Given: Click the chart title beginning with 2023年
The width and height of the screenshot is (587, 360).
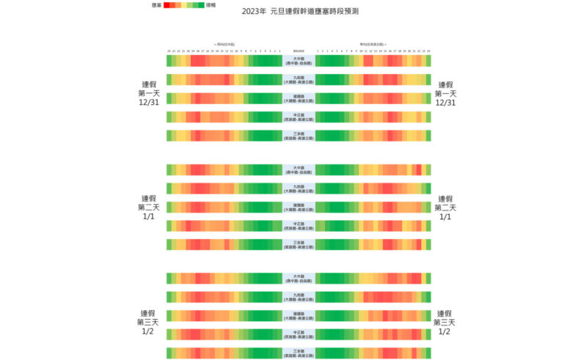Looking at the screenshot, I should coord(299,12).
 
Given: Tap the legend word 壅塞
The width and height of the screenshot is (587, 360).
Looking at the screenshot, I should coord(156,4).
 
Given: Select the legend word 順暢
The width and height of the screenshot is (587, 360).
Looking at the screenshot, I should coord(211,4).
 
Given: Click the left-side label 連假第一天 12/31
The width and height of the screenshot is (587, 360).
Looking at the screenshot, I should coord(148,93).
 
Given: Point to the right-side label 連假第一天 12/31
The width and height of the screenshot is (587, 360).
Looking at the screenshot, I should coord(445,93).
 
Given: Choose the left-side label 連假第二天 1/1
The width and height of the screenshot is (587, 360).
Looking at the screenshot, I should coord(148,207).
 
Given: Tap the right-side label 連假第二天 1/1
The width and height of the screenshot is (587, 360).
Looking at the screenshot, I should coord(445,207).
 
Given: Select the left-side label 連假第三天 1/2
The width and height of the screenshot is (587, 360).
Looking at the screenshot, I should coord(148,322).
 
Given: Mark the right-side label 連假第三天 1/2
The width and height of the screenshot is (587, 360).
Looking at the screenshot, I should coord(445,322).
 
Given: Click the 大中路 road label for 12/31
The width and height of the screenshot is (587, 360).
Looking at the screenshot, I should coord(299,61).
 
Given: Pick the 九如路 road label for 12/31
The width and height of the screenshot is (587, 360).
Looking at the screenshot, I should coord(299,79).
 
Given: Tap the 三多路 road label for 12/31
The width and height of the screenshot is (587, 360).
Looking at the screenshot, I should coord(299,136).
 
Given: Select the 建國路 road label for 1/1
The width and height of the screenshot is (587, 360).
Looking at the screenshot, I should coord(299,207).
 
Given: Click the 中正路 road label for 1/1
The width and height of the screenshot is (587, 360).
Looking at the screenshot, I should coord(299,225).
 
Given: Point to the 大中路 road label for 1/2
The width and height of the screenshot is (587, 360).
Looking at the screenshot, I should coord(299,278).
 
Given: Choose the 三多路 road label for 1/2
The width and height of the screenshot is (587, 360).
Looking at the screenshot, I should coord(299,353).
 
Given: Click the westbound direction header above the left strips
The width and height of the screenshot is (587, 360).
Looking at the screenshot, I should coord(224,44).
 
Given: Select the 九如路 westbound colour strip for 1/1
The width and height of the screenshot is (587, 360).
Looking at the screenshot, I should coord(225,188).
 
